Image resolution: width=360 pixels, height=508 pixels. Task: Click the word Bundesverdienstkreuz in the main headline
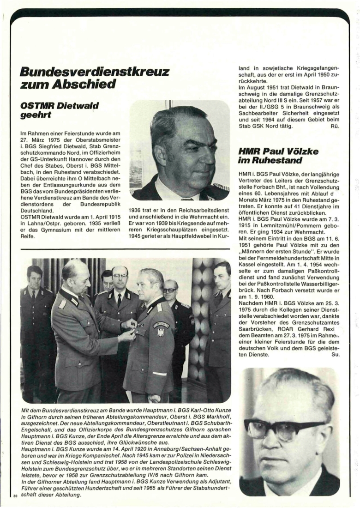coord(95,72)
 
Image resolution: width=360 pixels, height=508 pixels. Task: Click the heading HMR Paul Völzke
coord(278,151)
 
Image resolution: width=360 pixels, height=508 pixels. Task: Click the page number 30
coord(16,496)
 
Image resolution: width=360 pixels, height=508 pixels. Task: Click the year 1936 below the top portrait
coord(137,210)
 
